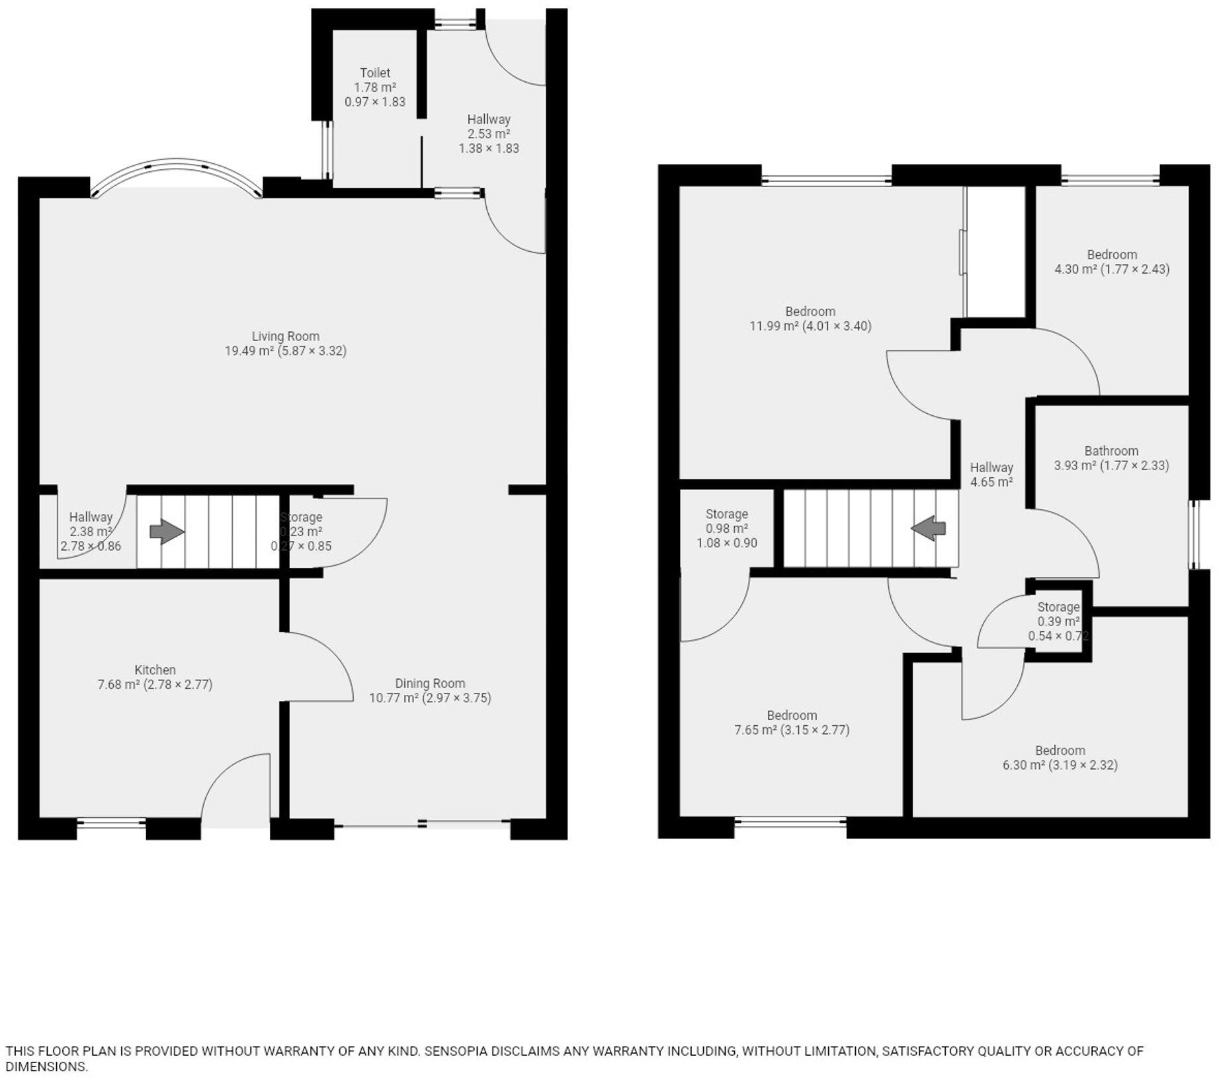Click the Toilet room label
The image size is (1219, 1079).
tap(375, 73)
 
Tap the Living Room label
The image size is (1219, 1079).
tap(285, 336)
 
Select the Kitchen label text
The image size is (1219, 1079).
tap(155, 670)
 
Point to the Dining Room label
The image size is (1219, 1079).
tap(430, 683)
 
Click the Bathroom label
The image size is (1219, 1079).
tap(1111, 451)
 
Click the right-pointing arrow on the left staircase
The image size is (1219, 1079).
tap(167, 531)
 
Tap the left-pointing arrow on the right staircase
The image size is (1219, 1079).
tap(929, 528)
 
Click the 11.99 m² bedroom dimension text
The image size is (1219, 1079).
tap(810, 326)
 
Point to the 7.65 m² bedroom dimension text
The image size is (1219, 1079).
tap(792, 730)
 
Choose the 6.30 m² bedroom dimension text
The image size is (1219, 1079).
tap(1060, 765)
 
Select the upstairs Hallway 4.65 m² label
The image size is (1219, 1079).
tap(991, 475)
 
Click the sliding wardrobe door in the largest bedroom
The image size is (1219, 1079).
tap(962, 252)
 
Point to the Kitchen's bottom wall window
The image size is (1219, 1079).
tap(112, 823)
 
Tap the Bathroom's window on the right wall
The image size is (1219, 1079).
tap(1194, 534)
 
